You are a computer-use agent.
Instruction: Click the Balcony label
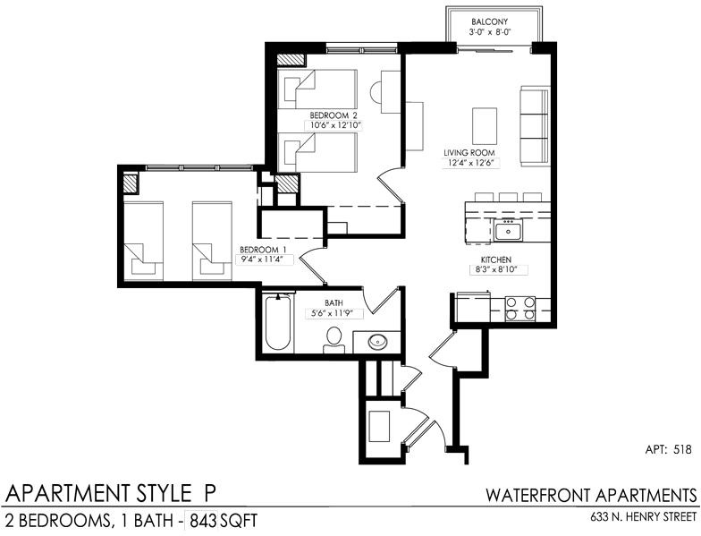(490, 21)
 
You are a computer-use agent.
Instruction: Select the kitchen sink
(508, 231)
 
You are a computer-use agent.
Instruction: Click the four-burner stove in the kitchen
(520, 309)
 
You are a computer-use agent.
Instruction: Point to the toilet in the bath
(334, 341)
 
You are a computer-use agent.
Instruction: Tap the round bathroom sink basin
(377, 342)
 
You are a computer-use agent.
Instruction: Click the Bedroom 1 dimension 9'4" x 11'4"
(263, 259)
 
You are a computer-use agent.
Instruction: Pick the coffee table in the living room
(485, 125)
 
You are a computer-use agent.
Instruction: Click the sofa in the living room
(535, 125)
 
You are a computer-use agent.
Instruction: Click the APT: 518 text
(669, 449)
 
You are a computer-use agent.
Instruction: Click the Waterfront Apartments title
(591, 496)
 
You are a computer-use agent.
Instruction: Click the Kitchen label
(495, 259)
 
